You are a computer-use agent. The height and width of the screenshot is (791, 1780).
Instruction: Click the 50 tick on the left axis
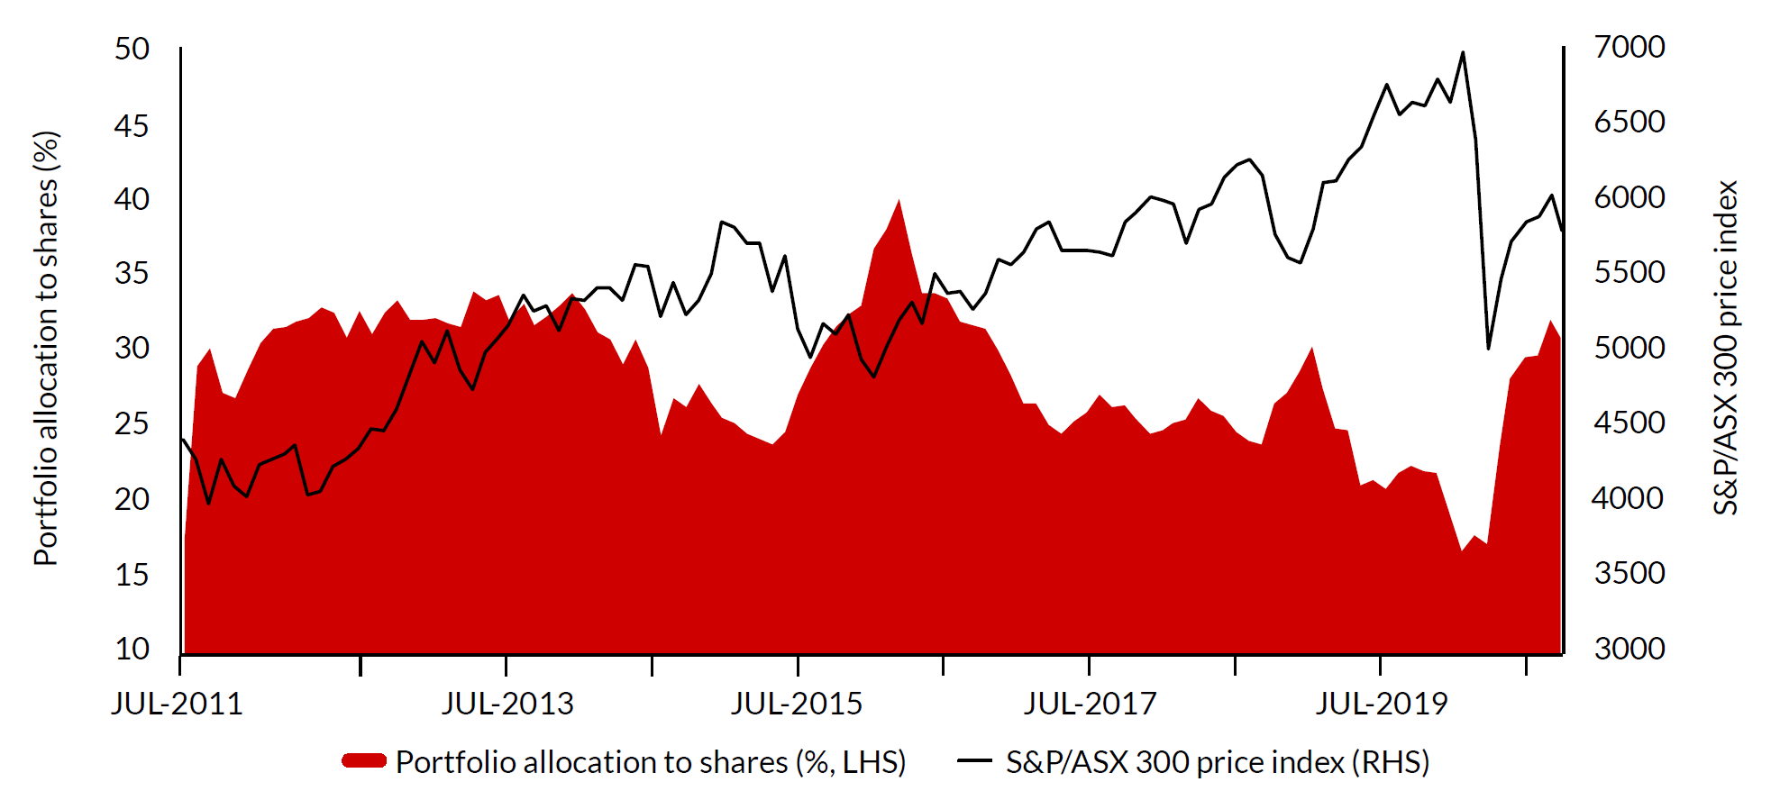coord(132,49)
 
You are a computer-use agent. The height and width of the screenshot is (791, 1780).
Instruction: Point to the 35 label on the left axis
coord(132,273)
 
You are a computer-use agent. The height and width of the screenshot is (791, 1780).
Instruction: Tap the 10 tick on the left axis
coord(132,649)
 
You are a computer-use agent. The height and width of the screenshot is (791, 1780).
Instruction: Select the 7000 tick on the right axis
coord(1629,47)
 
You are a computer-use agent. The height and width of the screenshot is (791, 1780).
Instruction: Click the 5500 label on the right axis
coord(1629,272)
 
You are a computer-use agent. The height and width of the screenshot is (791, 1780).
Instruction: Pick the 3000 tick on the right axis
coord(1629,649)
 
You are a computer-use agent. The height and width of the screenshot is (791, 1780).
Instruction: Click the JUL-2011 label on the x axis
coord(178,704)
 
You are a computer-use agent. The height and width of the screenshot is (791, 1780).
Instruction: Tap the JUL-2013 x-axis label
coord(507,704)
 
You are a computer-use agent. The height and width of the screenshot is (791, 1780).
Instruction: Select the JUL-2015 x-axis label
coord(797,704)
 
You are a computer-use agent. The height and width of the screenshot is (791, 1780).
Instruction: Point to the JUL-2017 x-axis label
coord(1090,704)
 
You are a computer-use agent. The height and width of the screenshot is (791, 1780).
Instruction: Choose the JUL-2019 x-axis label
coord(1381,704)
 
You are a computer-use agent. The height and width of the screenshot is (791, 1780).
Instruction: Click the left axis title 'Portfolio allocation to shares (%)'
coord(46,349)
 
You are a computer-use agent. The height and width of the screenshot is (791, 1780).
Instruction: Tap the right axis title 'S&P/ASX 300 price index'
coord(1725,349)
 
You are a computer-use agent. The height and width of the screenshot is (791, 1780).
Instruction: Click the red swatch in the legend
coord(364,761)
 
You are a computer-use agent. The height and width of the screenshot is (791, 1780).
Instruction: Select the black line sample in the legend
coord(974,761)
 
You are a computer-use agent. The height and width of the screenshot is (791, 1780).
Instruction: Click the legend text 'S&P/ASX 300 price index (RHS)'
coord(1218,762)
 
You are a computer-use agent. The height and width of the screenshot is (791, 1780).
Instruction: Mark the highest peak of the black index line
coord(1462,52)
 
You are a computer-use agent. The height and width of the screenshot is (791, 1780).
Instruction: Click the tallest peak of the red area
coord(899,200)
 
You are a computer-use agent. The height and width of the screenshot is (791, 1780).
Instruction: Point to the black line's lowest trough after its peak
coord(1488,348)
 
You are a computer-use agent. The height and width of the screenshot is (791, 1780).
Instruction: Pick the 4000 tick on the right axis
coord(1629,498)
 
